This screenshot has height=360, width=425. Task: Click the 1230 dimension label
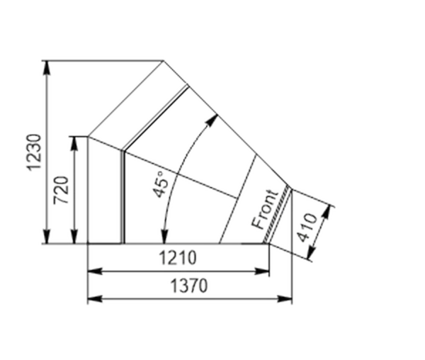(x=34, y=152)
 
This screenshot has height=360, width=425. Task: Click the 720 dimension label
(x=61, y=190)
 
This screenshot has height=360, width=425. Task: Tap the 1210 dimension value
(x=178, y=257)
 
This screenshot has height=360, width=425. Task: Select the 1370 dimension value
(x=189, y=286)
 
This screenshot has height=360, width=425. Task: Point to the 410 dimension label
(x=307, y=227)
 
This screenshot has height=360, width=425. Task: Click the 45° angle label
(x=161, y=184)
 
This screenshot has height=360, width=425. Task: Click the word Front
(x=265, y=209)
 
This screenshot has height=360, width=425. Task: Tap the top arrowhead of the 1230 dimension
(x=47, y=67)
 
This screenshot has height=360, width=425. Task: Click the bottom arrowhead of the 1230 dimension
(x=47, y=237)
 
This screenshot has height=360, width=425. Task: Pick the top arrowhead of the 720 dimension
(x=74, y=144)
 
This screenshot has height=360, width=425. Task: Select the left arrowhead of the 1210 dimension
(x=95, y=271)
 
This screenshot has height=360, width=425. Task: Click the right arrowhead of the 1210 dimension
(x=262, y=271)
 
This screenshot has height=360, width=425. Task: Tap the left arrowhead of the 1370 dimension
(x=95, y=299)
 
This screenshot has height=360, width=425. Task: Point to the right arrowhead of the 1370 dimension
(x=285, y=299)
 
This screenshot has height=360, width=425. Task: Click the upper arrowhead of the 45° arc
(x=212, y=120)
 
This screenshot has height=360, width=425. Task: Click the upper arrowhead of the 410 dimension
(x=327, y=213)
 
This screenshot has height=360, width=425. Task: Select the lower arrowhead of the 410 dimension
(x=312, y=252)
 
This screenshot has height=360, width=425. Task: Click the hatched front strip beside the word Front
(x=276, y=215)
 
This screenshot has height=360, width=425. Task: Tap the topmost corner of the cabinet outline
(x=164, y=61)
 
